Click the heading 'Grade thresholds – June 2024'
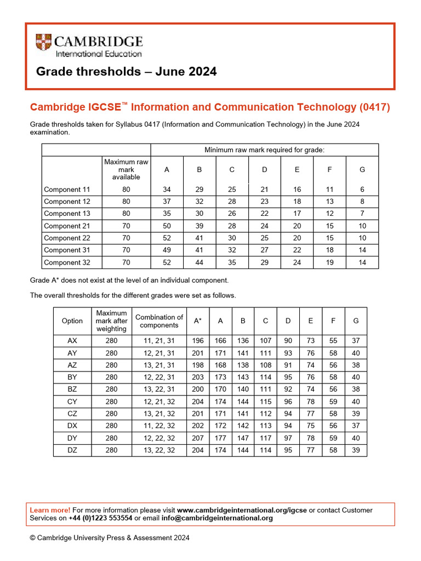pyautogui.click(x=126, y=72)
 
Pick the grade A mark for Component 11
pyautogui.click(x=167, y=190)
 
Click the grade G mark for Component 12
pyautogui.click(x=362, y=202)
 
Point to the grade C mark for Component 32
pyautogui.click(x=232, y=262)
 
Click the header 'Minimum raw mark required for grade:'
pyautogui.click(x=264, y=150)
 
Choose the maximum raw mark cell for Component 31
pyautogui.click(x=126, y=250)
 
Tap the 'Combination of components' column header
pyautogui.click(x=159, y=321)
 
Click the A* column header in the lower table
pyautogui.click(x=198, y=321)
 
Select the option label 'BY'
pyautogui.click(x=72, y=377)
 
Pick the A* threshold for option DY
pyautogui.click(x=198, y=438)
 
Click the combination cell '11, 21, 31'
pyautogui.click(x=159, y=341)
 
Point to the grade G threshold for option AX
pyautogui.click(x=356, y=341)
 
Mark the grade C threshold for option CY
pyautogui.click(x=265, y=401)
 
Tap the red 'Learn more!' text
pyautogui.click(x=50, y=510)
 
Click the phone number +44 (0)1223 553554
pyautogui.click(x=100, y=518)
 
